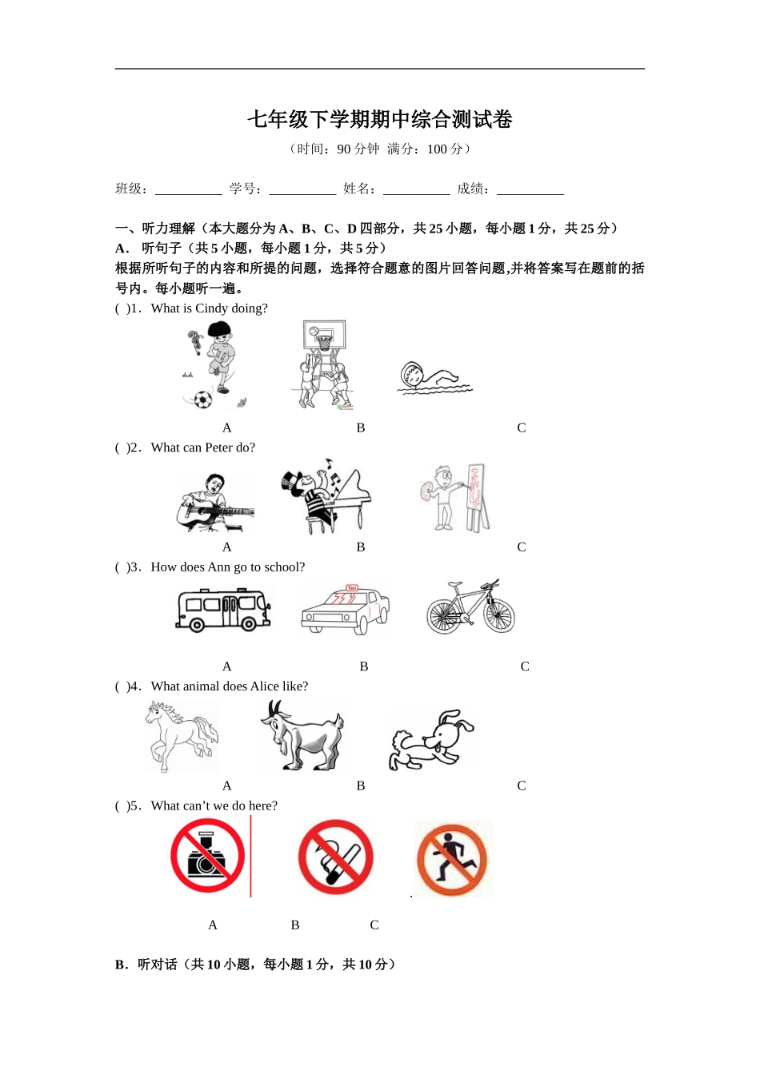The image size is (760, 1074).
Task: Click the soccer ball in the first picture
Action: [203, 399]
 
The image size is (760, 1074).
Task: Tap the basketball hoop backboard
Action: [325, 333]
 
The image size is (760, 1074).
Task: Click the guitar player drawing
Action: [214, 502]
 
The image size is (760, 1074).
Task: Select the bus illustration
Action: [222, 610]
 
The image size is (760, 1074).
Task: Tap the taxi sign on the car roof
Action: [351, 587]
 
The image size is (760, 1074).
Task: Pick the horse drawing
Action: [182, 734]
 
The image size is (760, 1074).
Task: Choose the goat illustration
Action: [302, 734]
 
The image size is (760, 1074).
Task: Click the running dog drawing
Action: [430, 740]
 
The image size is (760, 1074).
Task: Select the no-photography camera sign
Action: [207, 856]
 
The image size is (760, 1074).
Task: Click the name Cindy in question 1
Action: [211, 308]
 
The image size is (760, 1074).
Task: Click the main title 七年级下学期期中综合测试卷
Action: [379, 120]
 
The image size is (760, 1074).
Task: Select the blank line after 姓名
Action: [416, 190]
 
